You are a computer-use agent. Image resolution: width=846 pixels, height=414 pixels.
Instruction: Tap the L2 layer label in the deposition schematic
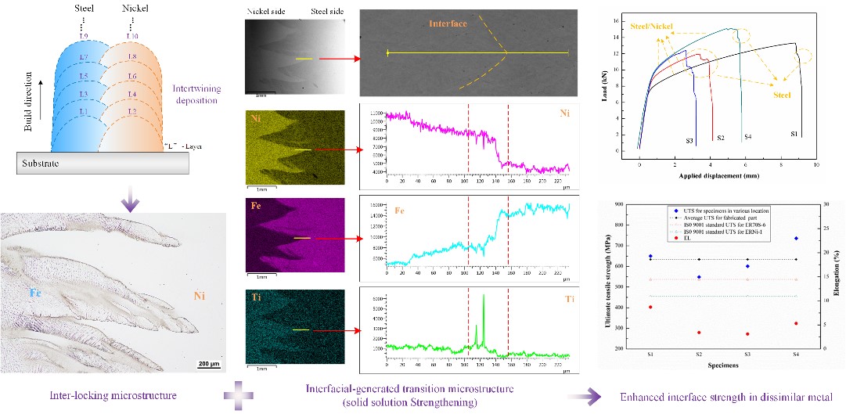coord(132,112)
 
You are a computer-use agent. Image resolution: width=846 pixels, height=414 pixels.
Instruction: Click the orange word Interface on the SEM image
coord(448,23)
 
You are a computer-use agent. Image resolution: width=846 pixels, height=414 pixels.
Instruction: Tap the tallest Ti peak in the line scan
coord(484,295)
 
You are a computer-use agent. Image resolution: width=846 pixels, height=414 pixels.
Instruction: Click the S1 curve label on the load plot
coord(793,135)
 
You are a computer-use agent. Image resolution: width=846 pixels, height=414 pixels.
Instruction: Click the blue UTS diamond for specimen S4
coord(796,238)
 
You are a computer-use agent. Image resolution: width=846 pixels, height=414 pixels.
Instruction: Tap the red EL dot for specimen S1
coord(651,307)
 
